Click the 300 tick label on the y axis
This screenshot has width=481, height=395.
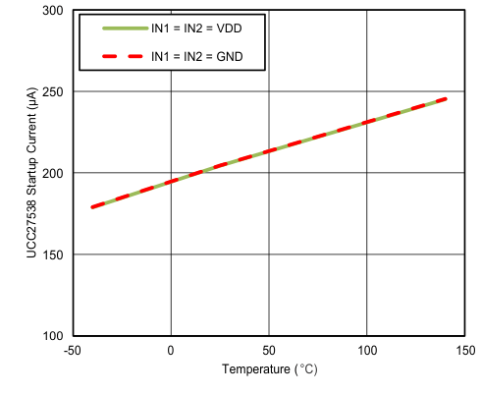click(53, 11)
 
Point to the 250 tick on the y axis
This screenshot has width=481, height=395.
click(53, 92)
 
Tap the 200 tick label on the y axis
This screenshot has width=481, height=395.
click(53, 174)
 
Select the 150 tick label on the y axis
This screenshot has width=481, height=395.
click(53, 255)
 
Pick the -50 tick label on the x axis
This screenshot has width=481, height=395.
click(72, 351)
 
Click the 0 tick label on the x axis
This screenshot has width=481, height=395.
click(171, 351)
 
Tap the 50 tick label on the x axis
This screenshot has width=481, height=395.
click(269, 351)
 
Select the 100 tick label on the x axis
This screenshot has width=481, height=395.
click(367, 351)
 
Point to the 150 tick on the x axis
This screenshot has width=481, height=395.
click(465, 351)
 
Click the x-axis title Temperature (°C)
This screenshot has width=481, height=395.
click(269, 370)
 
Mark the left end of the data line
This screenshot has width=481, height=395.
click(92, 207)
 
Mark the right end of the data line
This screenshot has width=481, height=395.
click(446, 98)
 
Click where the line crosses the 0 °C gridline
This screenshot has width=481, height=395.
click(171, 182)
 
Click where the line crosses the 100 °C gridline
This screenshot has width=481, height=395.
click(367, 123)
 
